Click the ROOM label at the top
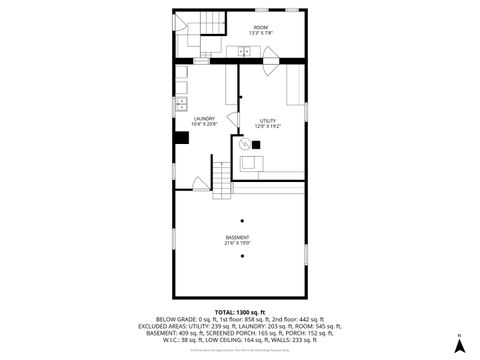point(260,27)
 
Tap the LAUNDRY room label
point(203,118)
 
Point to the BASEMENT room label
point(237,237)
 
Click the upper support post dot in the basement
point(241,220)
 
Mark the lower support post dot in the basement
point(241,256)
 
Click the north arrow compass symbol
point(458,344)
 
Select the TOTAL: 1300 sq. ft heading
point(240,312)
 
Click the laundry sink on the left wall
point(182,102)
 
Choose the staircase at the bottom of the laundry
point(221,177)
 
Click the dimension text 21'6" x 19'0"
point(237,243)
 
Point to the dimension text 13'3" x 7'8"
point(260,33)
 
